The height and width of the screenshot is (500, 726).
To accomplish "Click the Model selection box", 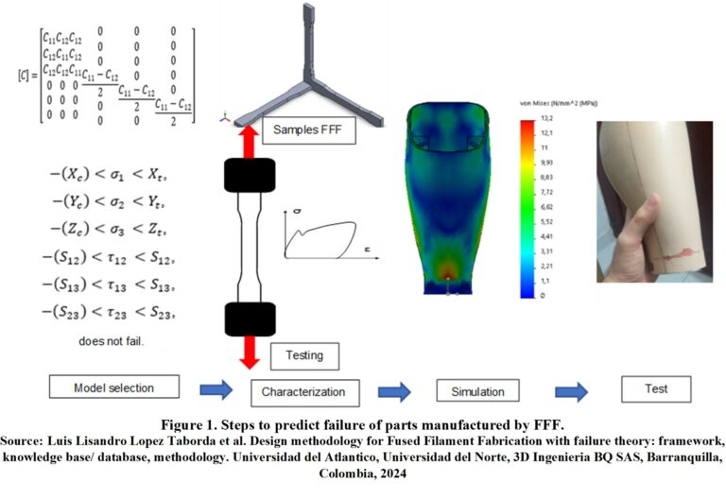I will coord(113,388).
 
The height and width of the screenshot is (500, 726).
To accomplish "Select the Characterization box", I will coord(303,390).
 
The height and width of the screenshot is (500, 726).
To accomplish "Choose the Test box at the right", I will coord(655,388).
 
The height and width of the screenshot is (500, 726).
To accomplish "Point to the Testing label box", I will coord(303,356).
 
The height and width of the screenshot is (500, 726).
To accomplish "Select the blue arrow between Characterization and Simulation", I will coord(393,390).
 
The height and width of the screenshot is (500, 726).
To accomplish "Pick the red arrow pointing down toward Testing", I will coord(251,349).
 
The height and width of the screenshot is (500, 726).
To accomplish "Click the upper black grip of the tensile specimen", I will coord(250,175).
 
